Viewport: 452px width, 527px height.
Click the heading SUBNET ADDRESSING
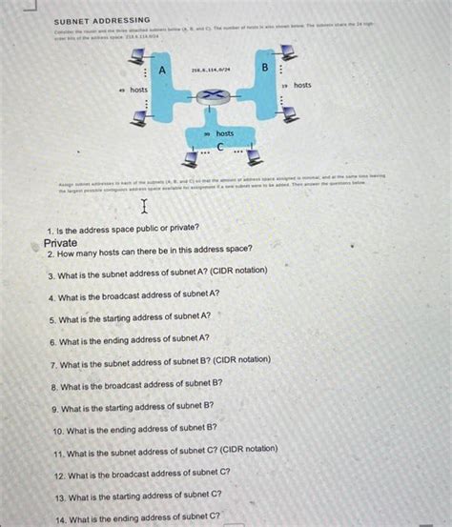(102, 20)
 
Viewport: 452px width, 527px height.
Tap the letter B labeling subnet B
(265, 68)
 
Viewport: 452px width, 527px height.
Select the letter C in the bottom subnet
(219, 147)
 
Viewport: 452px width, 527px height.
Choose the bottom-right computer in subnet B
(290, 113)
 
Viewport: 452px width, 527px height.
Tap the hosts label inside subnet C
(224, 134)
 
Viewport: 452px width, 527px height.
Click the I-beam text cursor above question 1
(145, 207)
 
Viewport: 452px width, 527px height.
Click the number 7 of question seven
(53, 365)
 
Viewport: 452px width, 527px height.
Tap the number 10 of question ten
(59, 431)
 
